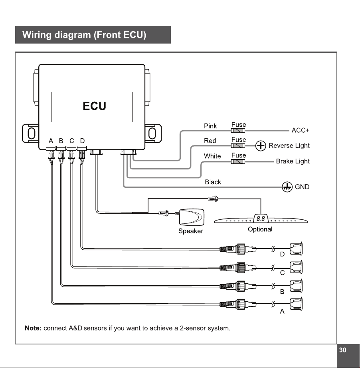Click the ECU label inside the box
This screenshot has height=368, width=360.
pyautogui.click(x=95, y=106)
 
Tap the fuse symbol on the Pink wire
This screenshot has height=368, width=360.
pyautogui.click(x=238, y=131)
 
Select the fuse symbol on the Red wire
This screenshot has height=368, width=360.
pyautogui.click(x=238, y=146)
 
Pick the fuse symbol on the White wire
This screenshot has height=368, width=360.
pyautogui.click(x=238, y=161)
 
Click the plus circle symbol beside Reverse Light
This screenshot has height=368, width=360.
pyautogui.click(x=261, y=146)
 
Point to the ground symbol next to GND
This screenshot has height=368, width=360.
pyautogui.click(x=287, y=187)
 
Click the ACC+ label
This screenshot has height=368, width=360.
pyautogui.click(x=301, y=130)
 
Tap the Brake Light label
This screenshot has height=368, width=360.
pyautogui.click(x=293, y=161)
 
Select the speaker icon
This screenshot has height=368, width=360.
pyautogui.click(x=192, y=217)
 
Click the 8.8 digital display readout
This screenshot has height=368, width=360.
pyautogui.click(x=261, y=219)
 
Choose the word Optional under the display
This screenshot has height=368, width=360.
pyautogui.click(x=260, y=229)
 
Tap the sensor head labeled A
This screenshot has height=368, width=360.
pyautogui.click(x=296, y=304)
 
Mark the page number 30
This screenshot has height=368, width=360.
pyautogui.click(x=343, y=350)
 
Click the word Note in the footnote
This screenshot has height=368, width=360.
pyautogui.click(x=33, y=328)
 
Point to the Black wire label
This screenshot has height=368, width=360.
pyautogui.click(x=213, y=182)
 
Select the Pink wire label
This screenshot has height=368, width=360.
pyautogui.click(x=210, y=126)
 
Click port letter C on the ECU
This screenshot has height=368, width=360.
pyautogui.click(x=72, y=141)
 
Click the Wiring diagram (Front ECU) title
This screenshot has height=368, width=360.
pyautogui.click(x=84, y=35)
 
